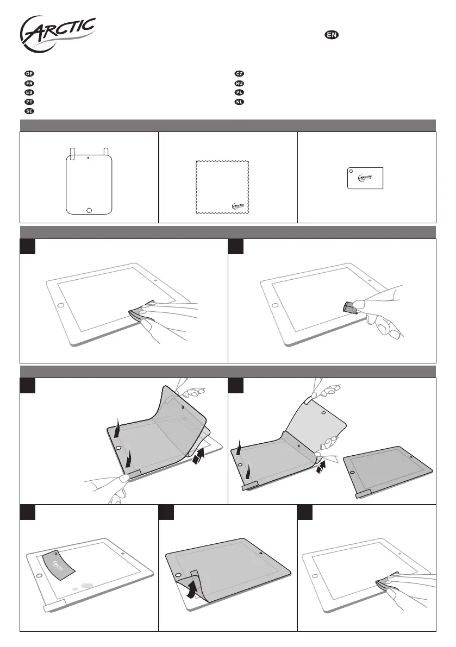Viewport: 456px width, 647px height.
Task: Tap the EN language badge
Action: pos(332,35)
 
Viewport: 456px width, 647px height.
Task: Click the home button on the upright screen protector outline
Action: pos(89,209)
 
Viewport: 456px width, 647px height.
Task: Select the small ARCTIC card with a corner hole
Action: pos(366,178)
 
